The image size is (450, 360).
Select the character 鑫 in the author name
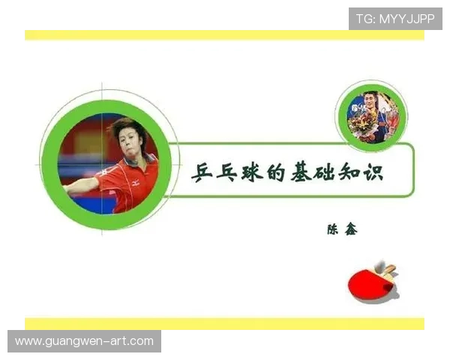(350, 229)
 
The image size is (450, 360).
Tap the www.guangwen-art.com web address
(84, 341)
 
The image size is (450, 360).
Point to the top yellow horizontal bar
(224, 34)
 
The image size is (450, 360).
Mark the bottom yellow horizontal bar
(224, 323)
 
